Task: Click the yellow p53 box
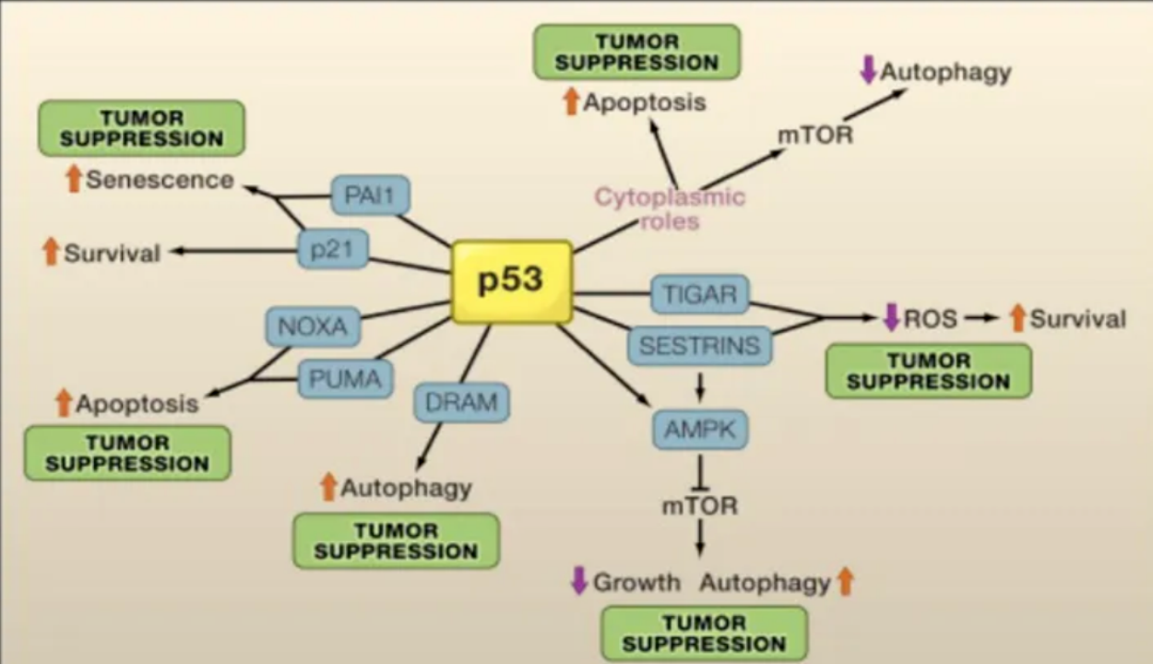coord(511,281)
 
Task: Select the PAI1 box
coord(370,196)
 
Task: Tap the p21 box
coord(332,249)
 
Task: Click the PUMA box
coord(345,378)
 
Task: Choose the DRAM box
coord(461,402)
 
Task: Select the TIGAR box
coord(700,294)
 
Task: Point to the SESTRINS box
coord(699,346)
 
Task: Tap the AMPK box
coord(699,429)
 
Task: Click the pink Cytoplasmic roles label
coord(670,208)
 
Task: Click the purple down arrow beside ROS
coord(891,318)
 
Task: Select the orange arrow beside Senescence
coord(74,179)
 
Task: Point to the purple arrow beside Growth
coord(579,581)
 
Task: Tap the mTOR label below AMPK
coord(699,506)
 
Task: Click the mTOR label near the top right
coord(815,135)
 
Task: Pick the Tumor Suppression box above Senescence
coord(141,128)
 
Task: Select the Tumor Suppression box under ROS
coord(928,371)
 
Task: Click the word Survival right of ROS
coord(1077,319)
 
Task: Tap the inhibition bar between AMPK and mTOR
coord(699,484)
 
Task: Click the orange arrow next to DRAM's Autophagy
coord(327,487)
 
